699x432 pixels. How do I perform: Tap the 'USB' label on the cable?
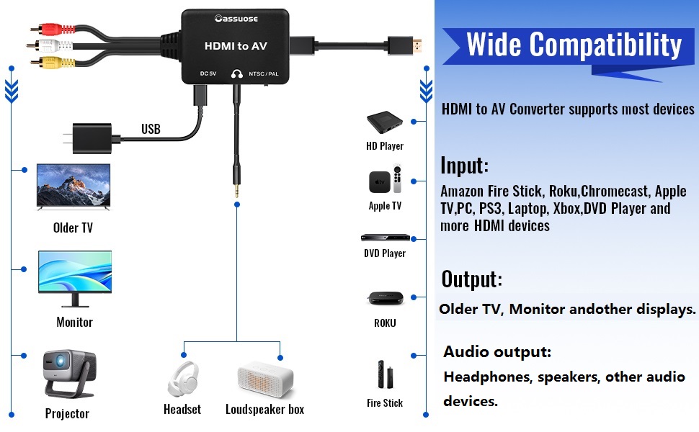pyautogui.click(x=151, y=130)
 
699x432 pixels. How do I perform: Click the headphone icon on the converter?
pyautogui.click(x=236, y=73)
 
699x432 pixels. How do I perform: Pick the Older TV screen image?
pyautogui.click(x=74, y=186)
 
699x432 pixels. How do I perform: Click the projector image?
pyautogui.click(x=68, y=373)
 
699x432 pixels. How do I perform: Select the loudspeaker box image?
pyautogui.click(x=266, y=379)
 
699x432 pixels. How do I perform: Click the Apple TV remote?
pyautogui.click(x=397, y=179)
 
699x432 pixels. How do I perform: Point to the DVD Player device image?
pyautogui.click(x=385, y=238)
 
